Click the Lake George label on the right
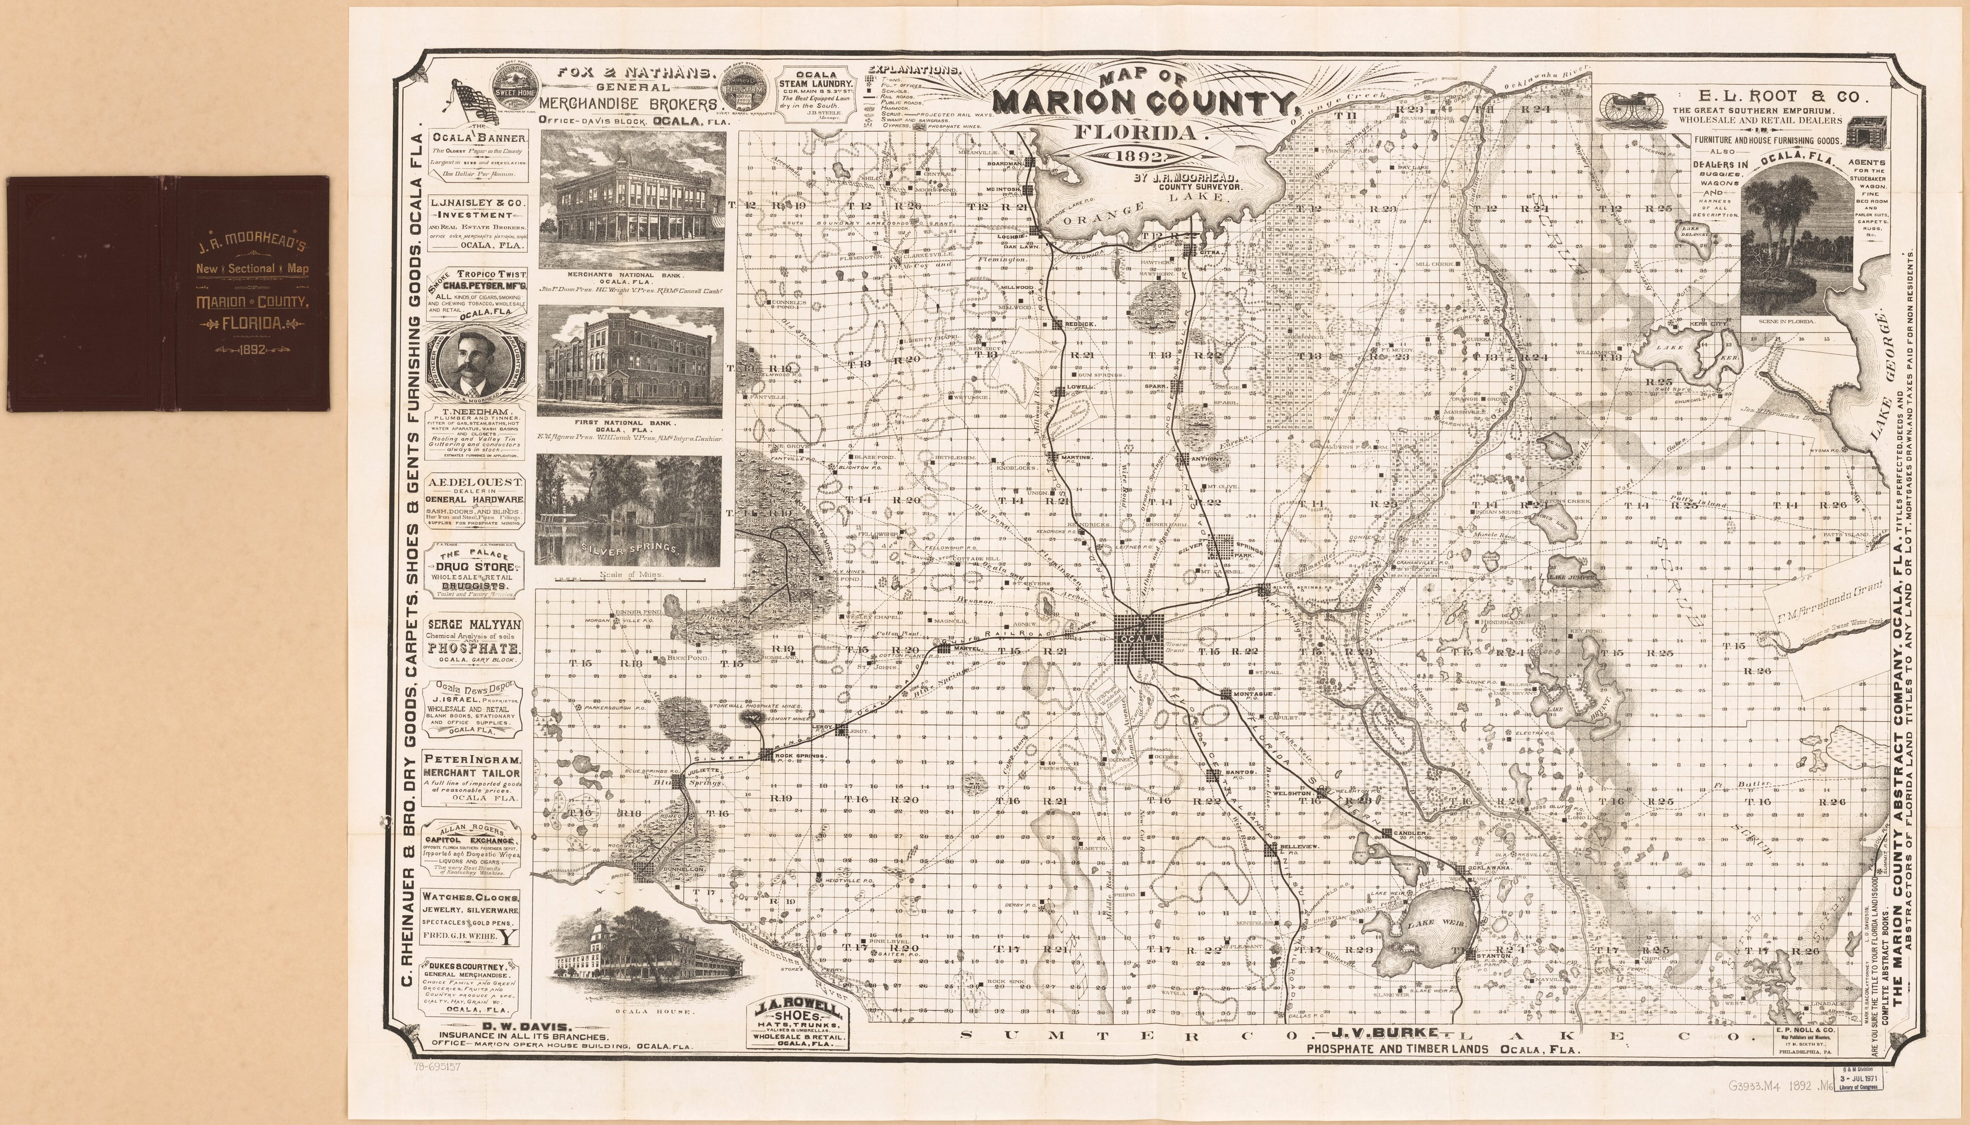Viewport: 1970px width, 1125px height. [1884, 386]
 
